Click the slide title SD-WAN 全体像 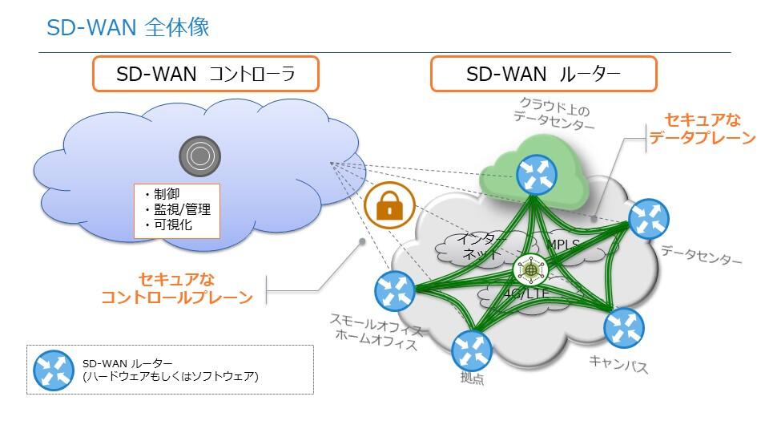pyautogui.click(x=128, y=27)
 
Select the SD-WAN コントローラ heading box pyautogui.click(x=206, y=74)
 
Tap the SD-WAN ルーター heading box pyautogui.click(x=543, y=74)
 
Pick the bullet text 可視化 pyautogui.click(x=171, y=225)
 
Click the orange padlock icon pyautogui.click(x=389, y=207)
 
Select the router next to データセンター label pyautogui.click(x=648, y=221)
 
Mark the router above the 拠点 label pyautogui.click(x=472, y=351)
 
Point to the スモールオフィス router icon pyautogui.click(x=394, y=290)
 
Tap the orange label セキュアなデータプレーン pyautogui.click(x=702, y=129)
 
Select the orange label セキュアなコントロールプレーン pyautogui.click(x=177, y=289)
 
